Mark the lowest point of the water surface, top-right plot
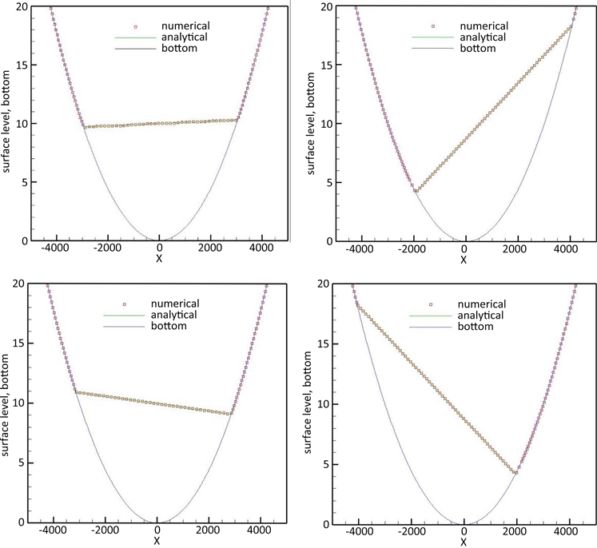pyautogui.click(x=416, y=191)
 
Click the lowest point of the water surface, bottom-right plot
pyautogui.click(x=516, y=473)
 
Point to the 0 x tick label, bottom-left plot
pyautogui.click(x=157, y=531)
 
